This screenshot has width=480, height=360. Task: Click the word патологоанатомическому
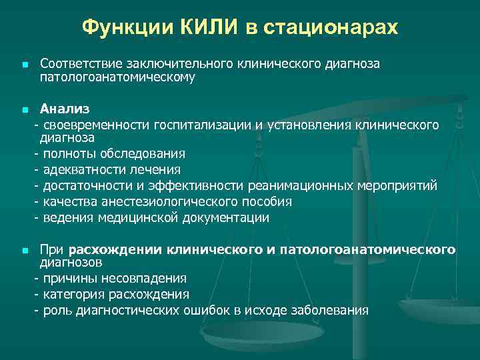117,77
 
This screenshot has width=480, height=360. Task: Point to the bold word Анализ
65,108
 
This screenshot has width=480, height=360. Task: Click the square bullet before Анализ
25,109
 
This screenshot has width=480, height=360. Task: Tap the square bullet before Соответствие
25,65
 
